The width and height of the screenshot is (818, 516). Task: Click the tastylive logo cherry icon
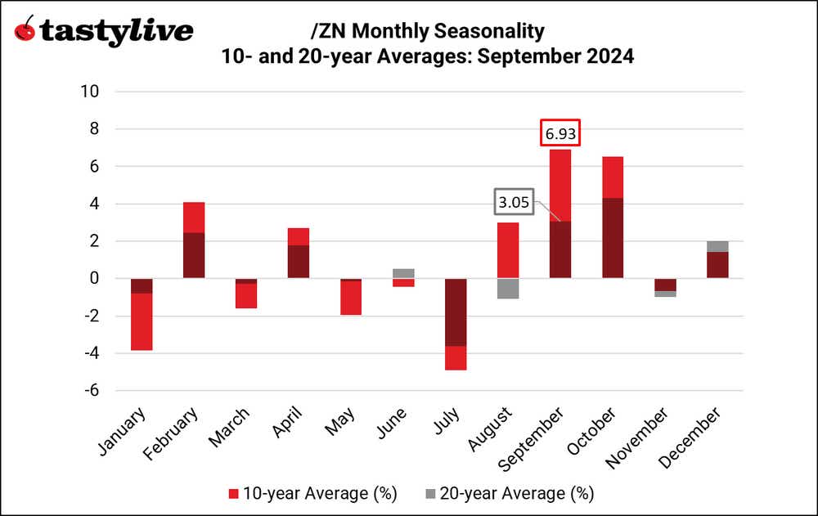click(x=26, y=30)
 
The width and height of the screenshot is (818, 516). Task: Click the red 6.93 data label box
click(x=560, y=132)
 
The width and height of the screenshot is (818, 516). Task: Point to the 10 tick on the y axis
click(x=91, y=92)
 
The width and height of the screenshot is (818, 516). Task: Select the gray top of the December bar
click(x=717, y=246)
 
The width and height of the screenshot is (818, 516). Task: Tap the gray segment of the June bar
click(x=402, y=273)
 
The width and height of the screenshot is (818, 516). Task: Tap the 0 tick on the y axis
click(x=94, y=279)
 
